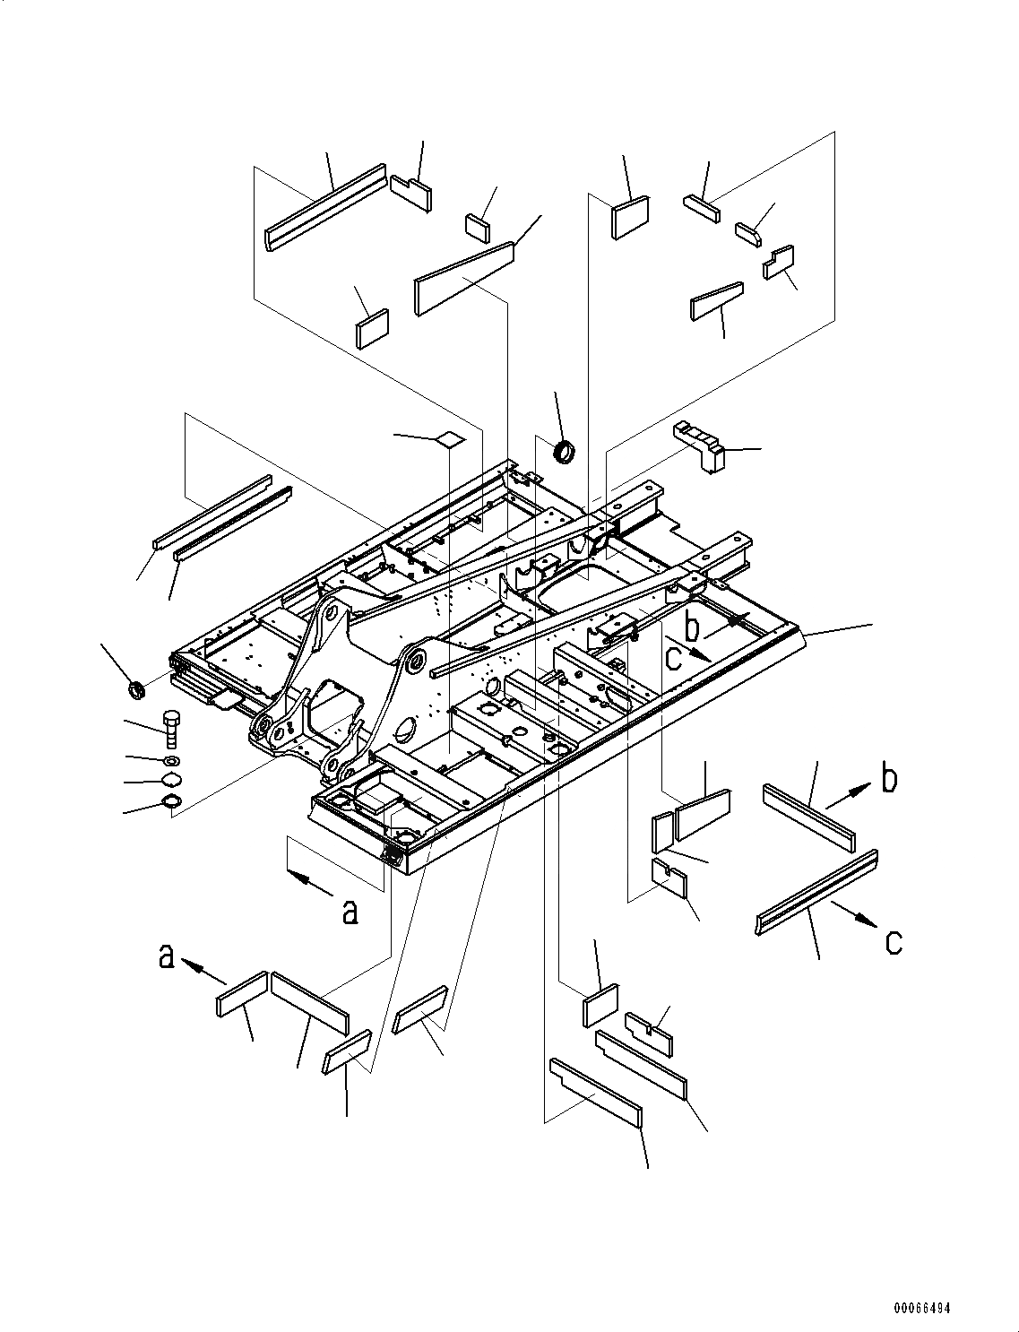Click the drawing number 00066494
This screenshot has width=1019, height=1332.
920,1308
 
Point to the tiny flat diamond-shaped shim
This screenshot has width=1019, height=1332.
450,439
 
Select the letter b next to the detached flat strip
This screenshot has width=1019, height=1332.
888,778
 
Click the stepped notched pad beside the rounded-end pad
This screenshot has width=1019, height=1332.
780,262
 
